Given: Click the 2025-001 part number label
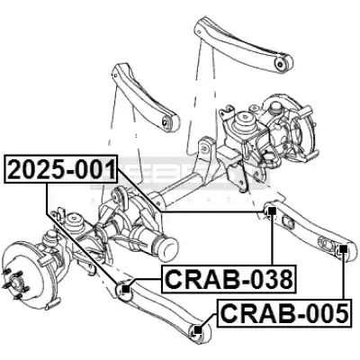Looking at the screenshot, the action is pos(61,169).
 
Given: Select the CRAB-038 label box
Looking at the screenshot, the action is pos(229,279).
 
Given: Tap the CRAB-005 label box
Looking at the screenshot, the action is pos(283,313).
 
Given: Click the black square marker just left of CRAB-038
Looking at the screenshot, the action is pos(126,289).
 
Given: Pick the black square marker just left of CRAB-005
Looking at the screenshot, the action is pos(197,330).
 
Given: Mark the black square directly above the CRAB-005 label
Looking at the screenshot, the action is pos(343,249).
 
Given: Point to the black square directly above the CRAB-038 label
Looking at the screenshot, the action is pos(272,211).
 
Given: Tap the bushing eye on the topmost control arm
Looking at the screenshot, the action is pos(280,63).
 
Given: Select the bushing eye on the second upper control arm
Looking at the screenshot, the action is pos(166,121).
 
